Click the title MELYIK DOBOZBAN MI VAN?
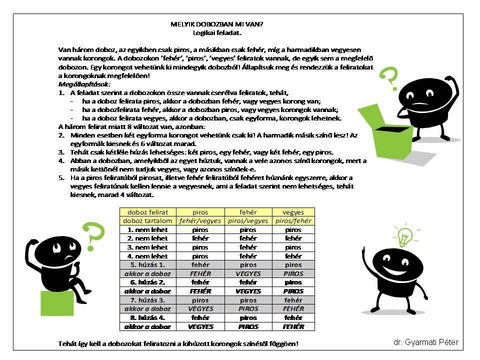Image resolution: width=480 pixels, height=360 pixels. pos(216,24)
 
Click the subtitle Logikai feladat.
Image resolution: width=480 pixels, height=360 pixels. pos(216,32)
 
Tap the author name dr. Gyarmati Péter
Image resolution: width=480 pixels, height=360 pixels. pos(425,342)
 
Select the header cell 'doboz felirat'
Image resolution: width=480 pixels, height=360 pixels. pos(148,212)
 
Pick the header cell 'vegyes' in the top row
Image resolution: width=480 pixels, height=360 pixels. pos(293,212)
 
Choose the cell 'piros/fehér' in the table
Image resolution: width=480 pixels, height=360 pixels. pos(293,221)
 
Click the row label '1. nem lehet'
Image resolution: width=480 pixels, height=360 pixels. pos(148,230)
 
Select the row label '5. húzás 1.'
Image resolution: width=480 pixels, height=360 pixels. pos(148,265)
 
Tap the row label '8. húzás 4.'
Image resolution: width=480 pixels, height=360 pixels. pos(148,317)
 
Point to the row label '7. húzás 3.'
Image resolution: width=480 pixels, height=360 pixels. pos(148,300)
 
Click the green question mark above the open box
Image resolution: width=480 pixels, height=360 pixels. pos(390,78)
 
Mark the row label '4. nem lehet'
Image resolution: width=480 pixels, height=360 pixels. pos(148,256)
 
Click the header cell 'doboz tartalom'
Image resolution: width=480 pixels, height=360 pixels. pos(148,221)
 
